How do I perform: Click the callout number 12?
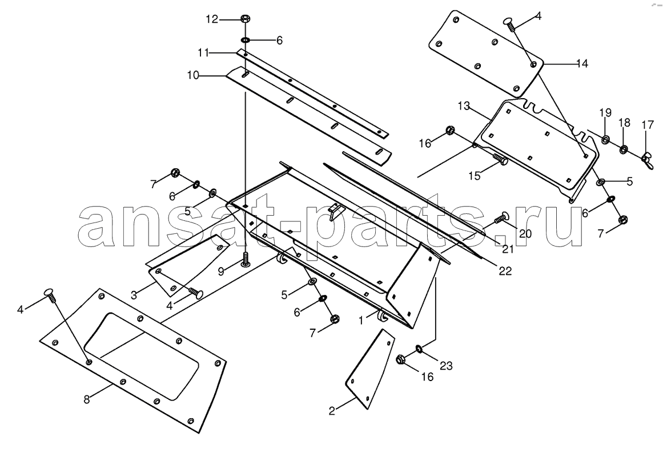pos(212,19)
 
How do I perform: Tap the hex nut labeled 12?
pos(244,18)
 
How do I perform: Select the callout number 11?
pos(203,53)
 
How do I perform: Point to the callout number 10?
pos(193,76)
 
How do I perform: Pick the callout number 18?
pos(624,123)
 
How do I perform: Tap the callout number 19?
pos(605,113)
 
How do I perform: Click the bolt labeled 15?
pos(500,160)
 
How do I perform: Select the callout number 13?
pos(464,106)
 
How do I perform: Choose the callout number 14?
pos(582,63)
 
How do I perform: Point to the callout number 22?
pos(505,271)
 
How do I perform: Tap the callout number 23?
pos(446,365)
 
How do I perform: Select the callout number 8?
pos(87,399)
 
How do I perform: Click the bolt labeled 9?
pos(246,258)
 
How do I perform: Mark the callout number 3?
pos(134,295)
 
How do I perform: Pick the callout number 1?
pos(361,321)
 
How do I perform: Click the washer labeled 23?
pos(419,349)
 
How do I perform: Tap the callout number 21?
pos(508,249)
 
